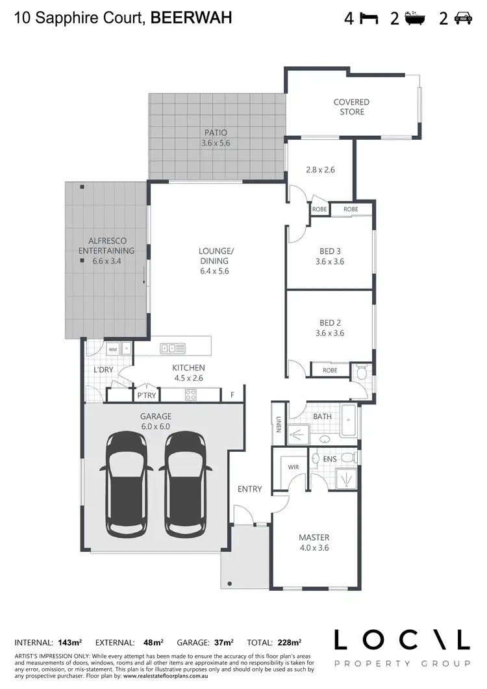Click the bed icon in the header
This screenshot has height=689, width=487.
coord(369,18)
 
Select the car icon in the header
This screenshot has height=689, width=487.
coord(462,18)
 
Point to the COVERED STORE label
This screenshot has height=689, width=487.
coord(351,107)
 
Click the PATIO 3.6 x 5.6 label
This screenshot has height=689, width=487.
coord(216,137)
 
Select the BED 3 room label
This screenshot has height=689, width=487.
coord(330,256)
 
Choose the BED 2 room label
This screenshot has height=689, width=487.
coord(330,328)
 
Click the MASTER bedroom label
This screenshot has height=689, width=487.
coord(314,542)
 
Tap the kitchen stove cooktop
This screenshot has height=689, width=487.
coord(191,394)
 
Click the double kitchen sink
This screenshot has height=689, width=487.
coord(173,348)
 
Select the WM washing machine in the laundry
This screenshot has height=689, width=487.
coord(113,349)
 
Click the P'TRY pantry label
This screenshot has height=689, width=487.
coord(144,395)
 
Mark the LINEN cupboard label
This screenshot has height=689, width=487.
coord(278,424)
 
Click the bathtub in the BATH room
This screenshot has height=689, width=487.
coord(349,421)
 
